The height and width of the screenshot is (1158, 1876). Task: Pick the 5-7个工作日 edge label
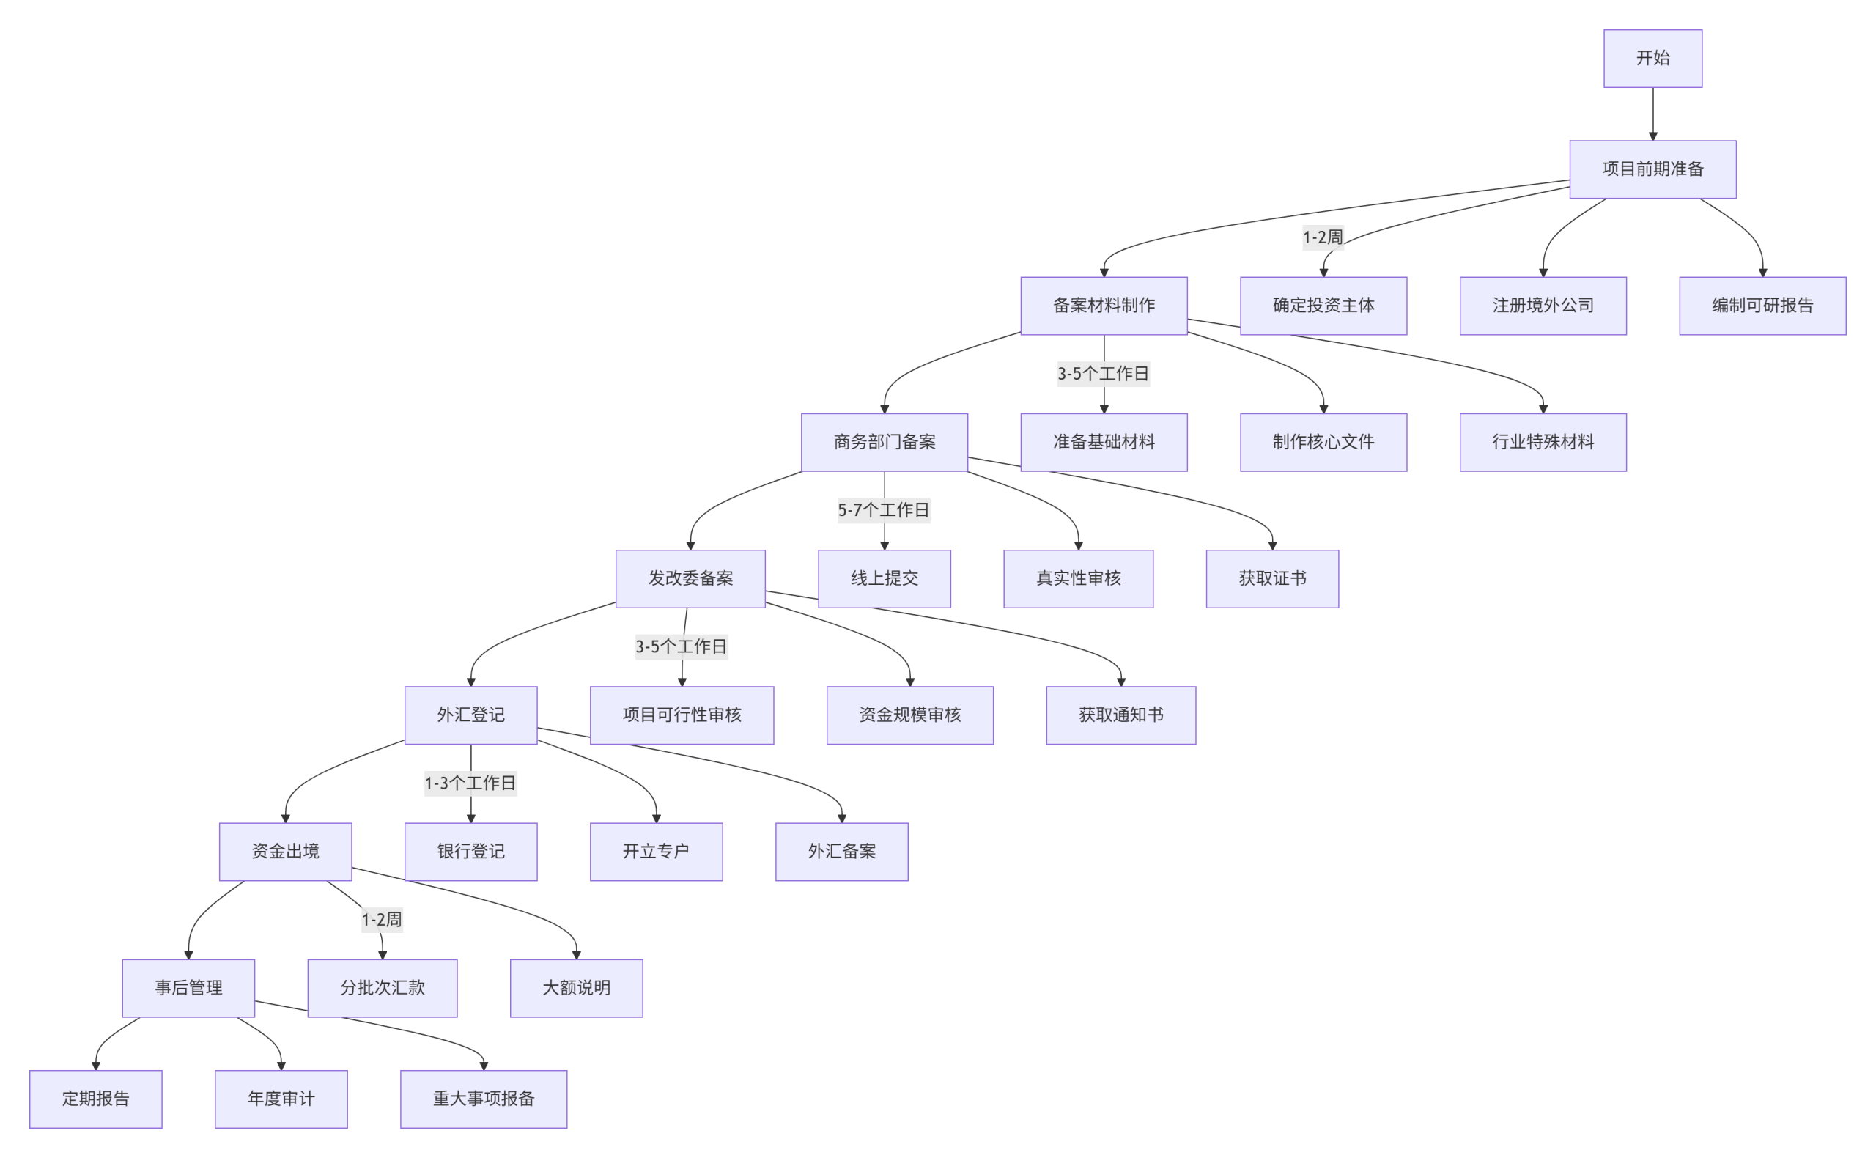(x=884, y=510)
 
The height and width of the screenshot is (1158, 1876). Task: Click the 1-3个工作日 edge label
(x=470, y=783)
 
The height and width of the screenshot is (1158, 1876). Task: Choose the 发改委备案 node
(x=690, y=578)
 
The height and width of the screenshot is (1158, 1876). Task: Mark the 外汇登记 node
(x=470, y=715)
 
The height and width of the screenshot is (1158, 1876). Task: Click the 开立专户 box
(x=656, y=851)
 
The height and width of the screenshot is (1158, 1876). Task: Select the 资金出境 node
(x=285, y=851)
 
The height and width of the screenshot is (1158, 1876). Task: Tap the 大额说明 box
(x=576, y=988)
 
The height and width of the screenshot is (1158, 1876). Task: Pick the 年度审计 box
(x=281, y=1099)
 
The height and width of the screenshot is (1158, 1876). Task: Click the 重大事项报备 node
(x=483, y=1099)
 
